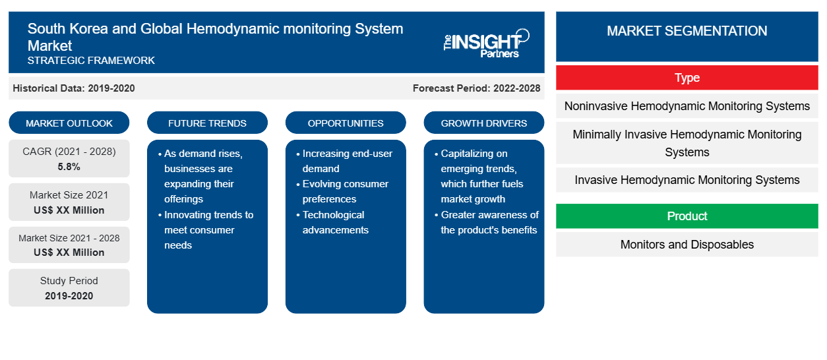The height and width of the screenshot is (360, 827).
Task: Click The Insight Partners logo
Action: pos(486,44)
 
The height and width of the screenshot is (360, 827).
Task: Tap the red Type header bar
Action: pos(687,78)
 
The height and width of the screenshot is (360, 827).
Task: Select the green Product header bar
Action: pos(687,216)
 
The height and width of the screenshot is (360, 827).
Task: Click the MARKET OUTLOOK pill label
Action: pos(69,123)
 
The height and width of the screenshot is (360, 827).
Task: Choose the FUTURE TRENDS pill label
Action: pos(207,123)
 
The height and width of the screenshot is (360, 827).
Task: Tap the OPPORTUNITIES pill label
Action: pos(346,123)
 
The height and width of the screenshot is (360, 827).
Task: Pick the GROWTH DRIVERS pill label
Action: pos(483,123)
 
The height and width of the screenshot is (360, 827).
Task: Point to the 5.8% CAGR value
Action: pos(69,167)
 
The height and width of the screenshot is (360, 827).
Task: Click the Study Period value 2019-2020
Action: pos(69,296)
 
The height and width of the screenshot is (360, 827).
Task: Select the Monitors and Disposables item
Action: pos(687,245)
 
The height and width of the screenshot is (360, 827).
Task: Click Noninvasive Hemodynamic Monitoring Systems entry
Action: pos(687,106)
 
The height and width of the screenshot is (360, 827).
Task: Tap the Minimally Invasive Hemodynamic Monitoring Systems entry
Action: pos(687,143)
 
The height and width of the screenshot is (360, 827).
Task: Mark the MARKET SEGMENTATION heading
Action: pos(687,30)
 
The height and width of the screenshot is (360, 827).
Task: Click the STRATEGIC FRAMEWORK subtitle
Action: pos(91,61)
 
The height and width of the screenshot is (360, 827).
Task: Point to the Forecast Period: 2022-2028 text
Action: pos(476,88)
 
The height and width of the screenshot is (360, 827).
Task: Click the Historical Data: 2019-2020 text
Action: pos(74,88)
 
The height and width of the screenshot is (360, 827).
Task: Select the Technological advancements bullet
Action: pos(333,222)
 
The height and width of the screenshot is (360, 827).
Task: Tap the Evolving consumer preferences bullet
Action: pos(343,191)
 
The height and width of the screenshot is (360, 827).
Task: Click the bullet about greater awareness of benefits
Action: pos(487,222)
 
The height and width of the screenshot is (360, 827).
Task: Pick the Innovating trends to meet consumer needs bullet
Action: pos(206,229)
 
